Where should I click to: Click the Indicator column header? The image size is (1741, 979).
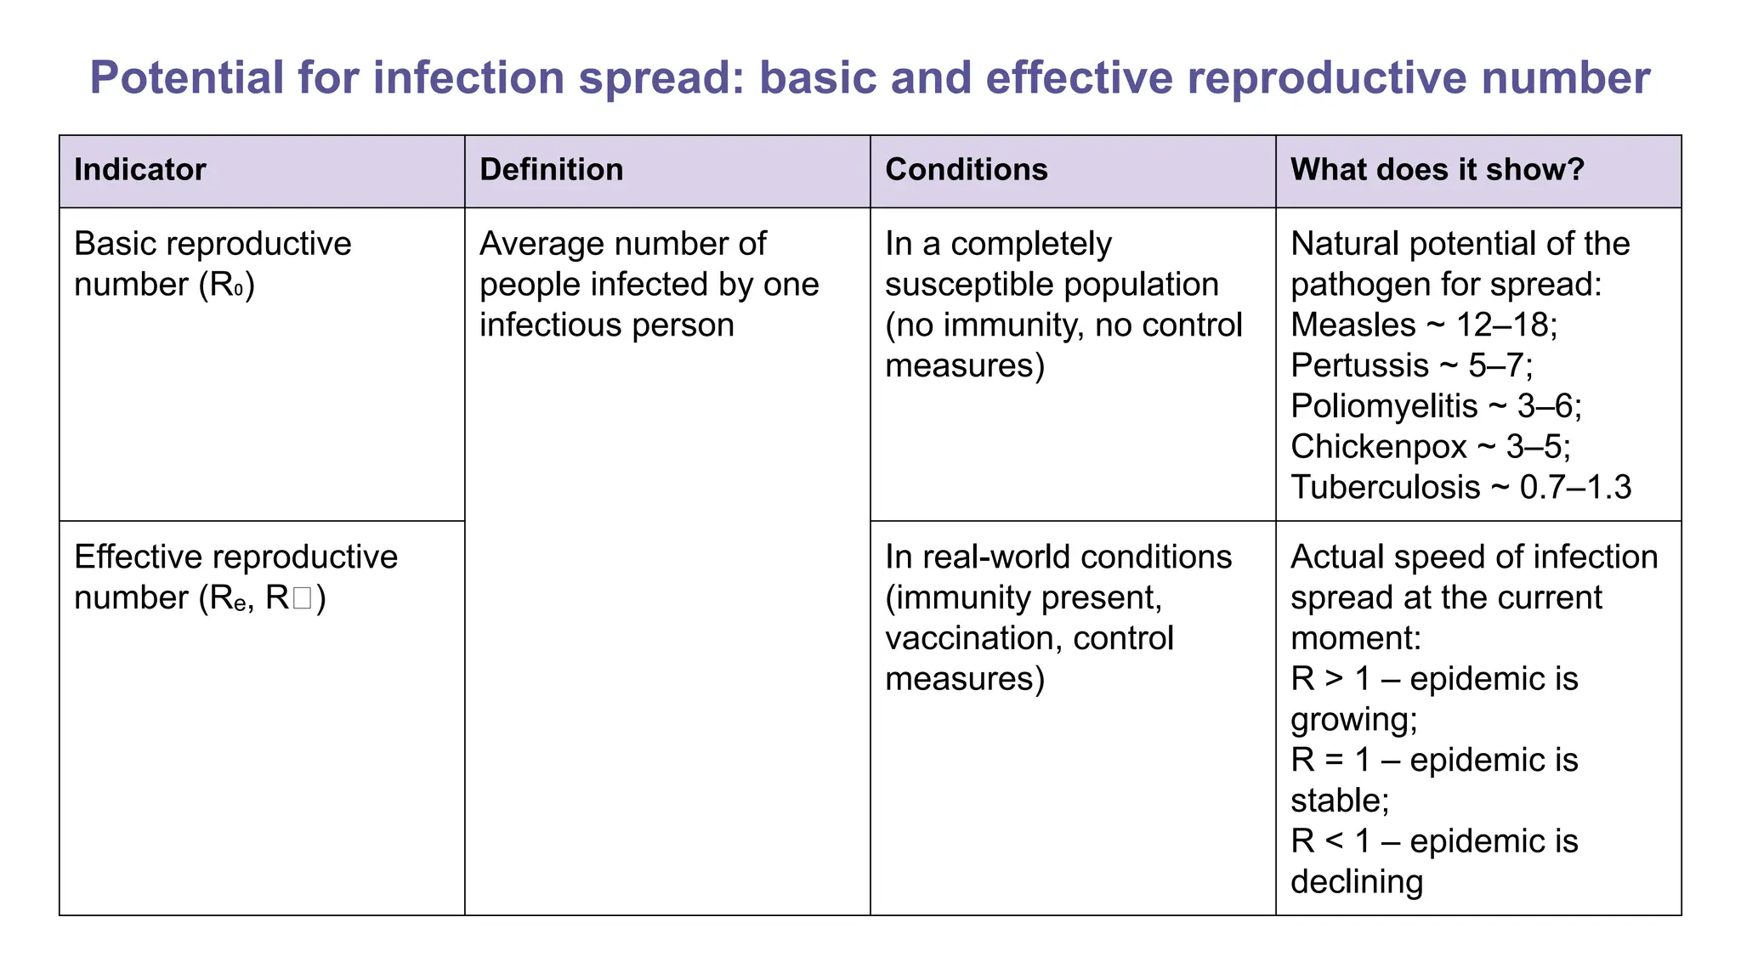(140, 170)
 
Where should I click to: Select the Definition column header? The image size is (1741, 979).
(551, 170)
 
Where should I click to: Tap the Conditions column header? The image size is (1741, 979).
(966, 170)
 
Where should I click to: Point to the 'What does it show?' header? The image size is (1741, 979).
(1438, 170)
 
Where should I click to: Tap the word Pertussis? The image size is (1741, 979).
(1359, 365)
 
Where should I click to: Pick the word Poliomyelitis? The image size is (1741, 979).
(1384, 406)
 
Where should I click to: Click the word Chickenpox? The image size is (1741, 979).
(1378, 446)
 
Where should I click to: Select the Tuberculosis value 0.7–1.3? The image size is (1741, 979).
(1575, 487)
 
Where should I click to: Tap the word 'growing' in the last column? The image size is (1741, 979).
(1352, 720)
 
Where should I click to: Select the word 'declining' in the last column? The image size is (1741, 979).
(1357, 882)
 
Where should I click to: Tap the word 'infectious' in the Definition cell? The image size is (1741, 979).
(545, 325)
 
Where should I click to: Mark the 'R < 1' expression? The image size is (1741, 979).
(1330, 841)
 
